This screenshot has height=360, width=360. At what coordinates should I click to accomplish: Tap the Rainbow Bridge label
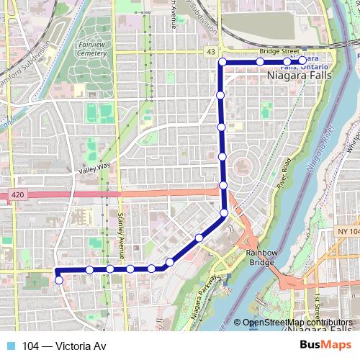tap(260, 257)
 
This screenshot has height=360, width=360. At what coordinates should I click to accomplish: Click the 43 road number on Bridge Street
tap(210, 52)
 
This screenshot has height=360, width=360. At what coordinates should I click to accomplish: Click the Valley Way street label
tap(94, 171)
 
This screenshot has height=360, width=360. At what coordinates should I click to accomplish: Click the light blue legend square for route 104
tap(10, 346)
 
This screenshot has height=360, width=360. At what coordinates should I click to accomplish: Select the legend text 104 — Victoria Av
tap(64, 346)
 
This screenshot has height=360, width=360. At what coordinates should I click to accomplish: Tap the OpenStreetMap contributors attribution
tap(297, 323)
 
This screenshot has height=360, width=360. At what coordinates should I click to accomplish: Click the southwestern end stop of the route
tap(59, 280)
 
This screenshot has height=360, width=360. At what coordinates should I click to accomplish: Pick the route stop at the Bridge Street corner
tap(222, 63)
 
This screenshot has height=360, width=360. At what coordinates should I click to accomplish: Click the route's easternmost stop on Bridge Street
tap(303, 60)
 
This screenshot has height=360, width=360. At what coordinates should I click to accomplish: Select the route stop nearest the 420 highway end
tap(223, 186)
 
